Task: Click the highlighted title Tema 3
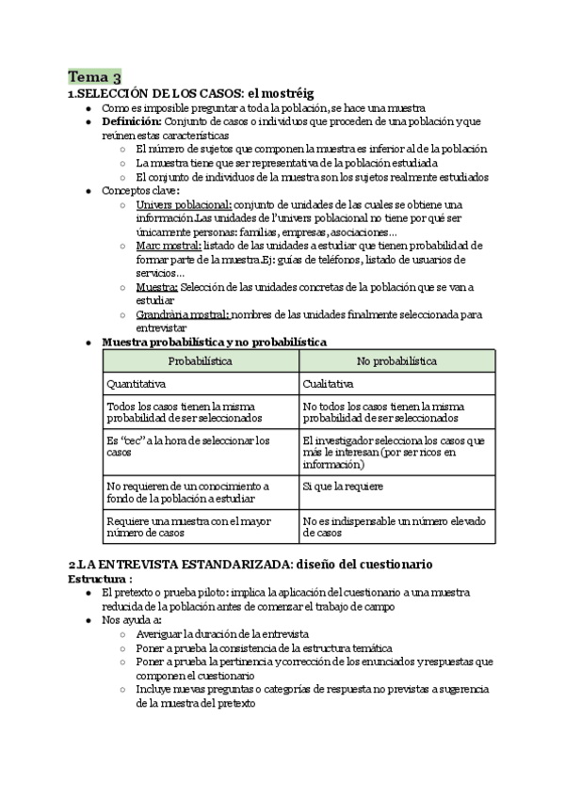click(93, 77)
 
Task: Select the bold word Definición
click(132, 121)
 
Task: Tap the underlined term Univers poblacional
click(184, 204)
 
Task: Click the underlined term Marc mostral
click(161, 246)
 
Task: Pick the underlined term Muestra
click(157, 287)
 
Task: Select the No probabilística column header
click(396, 360)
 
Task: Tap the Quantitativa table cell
click(137, 384)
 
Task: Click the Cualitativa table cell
click(329, 384)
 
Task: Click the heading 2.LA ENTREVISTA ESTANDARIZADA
click(250, 565)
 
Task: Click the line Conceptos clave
click(140, 190)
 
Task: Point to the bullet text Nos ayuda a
click(131, 620)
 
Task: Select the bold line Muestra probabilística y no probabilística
click(215, 342)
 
